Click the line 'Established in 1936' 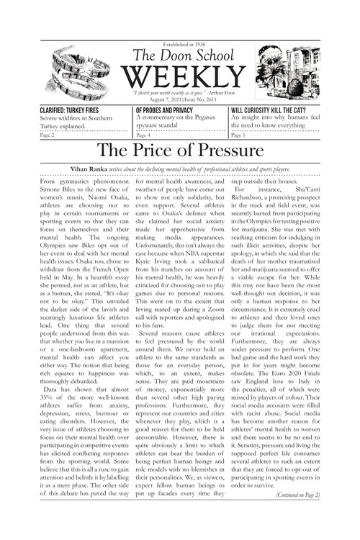tap(180, 42)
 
